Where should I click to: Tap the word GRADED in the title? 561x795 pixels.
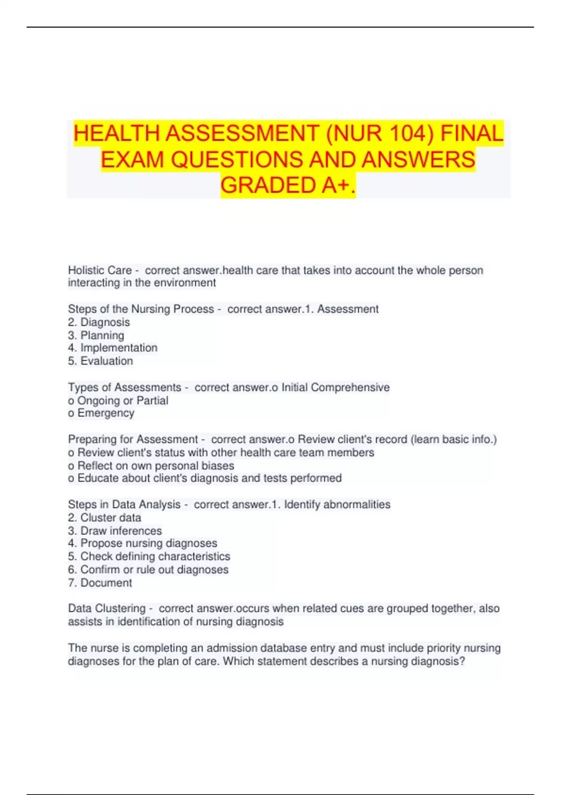pyautogui.click(x=268, y=185)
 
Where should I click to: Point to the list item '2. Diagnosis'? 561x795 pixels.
pyautogui.click(x=99, y=322)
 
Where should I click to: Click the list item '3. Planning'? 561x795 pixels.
pyautogui.click(x=96, y=335)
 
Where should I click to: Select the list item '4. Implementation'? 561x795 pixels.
pyautogui.click(x=112, y=348)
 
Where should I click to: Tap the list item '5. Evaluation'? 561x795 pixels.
pyautogui.click(x=100, y=361)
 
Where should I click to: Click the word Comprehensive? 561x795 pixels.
pyautogui.click(x=350, y=387)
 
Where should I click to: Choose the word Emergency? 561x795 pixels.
pyautogui.click(x=106, y=413)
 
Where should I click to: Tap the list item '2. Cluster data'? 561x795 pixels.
pyautogui.click(x=104, y=518)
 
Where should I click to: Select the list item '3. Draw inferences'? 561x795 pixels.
pyautogui.click(x=115, y=531)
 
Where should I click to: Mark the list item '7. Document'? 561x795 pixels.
pyautogui.click(x=100, y=583)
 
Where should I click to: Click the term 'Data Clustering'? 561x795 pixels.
pyautogui.click(x=107, y=608)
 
